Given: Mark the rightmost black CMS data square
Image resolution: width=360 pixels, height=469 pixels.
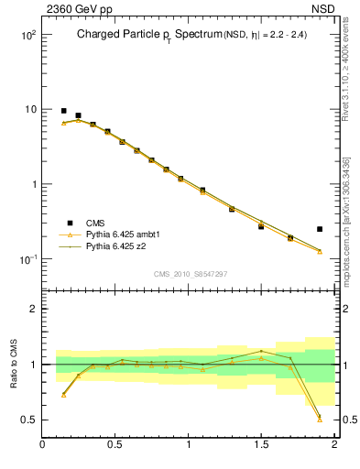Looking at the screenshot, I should coord(320,229).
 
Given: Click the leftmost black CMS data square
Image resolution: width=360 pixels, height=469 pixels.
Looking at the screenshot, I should coord(63,111).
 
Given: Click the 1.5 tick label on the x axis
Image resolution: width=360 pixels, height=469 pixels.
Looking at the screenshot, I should coord(261,444).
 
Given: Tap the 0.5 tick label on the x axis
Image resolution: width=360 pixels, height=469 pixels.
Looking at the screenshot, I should coord(115,444).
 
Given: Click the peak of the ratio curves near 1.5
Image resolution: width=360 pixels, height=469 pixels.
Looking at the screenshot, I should coord(261,351).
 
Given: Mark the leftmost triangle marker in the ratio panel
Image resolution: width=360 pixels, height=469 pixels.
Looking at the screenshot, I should coord(63,395).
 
